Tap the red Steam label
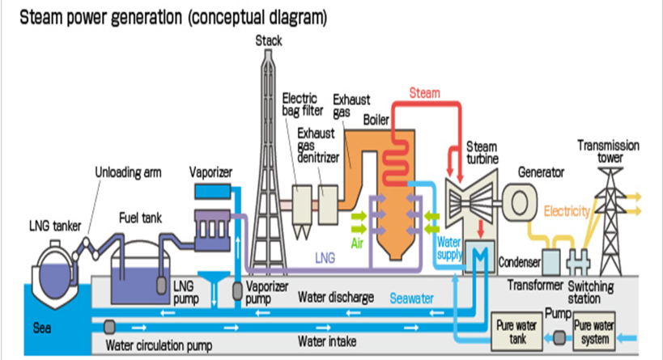click(x=424, y=93)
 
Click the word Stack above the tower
click(x=269, y=40)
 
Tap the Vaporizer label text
click(x=211, y=172)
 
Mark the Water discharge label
click(x=335, y=298)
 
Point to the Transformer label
click(x=536, y=285)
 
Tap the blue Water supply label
click(x=449, y=248)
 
